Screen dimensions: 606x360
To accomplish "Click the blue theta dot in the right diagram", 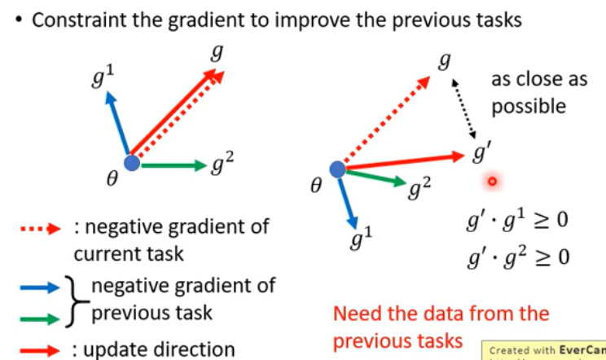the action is pos(337,169).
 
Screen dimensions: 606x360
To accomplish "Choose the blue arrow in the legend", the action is pos(40,287).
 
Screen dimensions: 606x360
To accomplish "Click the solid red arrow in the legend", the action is pos(40,350).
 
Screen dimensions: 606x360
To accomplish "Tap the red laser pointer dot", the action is pos(492,182).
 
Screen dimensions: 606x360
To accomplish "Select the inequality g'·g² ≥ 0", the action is pos(516,258).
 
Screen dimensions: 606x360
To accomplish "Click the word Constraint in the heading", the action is pos(71,20).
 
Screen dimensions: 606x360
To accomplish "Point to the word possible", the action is pos(528,107).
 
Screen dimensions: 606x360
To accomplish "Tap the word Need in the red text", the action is pos(356,314).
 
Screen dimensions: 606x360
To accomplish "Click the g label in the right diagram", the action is pos(444,61).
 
